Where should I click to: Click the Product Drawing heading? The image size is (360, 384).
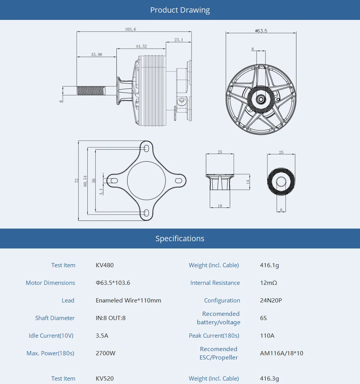(180, 10)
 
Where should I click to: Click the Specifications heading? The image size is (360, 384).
(180, 239)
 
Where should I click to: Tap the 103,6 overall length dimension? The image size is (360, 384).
(131, 29)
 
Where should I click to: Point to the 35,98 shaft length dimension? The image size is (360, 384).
(97, 54)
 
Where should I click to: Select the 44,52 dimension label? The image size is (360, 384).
(141, 46)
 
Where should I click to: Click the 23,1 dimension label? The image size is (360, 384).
(178, 39)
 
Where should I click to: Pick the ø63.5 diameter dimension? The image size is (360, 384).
(261, 31)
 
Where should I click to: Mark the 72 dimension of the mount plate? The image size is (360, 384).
(77, 180)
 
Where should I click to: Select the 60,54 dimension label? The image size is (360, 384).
(85, 180)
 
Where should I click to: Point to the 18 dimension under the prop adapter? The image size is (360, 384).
(220, 206)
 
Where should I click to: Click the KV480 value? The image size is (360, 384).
(105, 265)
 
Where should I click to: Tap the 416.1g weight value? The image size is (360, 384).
(269, 265)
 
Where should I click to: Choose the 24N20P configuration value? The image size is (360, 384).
(271, 301)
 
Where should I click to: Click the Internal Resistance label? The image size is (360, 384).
(215, 283)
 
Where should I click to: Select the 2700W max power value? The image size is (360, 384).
(105, 353)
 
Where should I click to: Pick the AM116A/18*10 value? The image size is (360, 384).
(281, 353)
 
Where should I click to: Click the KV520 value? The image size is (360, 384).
(105, 379)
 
